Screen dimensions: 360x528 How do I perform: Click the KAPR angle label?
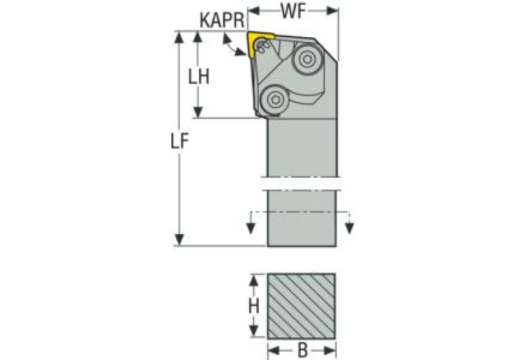[x=222, y=20]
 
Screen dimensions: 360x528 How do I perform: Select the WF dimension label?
[x=293, y=11]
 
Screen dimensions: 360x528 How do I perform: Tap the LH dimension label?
[x=199, y=76]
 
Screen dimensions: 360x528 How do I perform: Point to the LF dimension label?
[x=180, y=140]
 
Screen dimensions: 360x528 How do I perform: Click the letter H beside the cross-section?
[x=254, y=306]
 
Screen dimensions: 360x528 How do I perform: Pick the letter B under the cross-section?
[x=302, y=350]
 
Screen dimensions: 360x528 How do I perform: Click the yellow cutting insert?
[x=260, y=43]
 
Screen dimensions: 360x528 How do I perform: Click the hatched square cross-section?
[x=302, y=306]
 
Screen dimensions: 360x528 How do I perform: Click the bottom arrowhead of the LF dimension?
[x=180, y=239]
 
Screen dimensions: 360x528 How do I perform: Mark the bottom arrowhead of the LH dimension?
[x=199, y=112]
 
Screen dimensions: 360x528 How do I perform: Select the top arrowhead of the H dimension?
[x=254, y=279]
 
